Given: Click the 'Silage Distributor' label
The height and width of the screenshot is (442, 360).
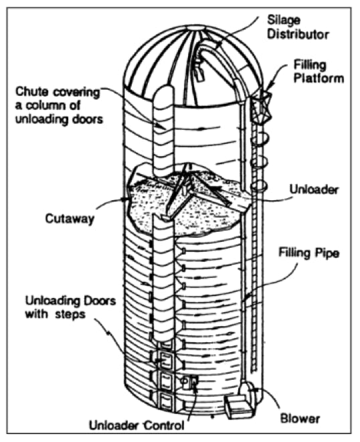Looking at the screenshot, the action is pos(298,27).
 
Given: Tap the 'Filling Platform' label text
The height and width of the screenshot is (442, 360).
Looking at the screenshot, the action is pos(319,72).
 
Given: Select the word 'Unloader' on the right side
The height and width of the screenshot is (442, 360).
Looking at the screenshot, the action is pos(314,190).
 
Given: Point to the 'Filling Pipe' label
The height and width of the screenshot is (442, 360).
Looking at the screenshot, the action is pos(308,253).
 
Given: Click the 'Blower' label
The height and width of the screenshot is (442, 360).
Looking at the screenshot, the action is pos(300,418).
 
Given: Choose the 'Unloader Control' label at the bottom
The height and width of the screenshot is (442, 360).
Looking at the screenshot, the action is pos(137,425).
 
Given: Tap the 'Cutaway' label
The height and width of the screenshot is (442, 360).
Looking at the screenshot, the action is pos(70,219).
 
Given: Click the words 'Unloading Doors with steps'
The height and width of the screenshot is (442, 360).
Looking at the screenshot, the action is pos(70,307).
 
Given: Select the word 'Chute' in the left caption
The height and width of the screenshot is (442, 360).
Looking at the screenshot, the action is pos(32,92).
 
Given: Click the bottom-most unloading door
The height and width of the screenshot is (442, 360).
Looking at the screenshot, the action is pos(165,401).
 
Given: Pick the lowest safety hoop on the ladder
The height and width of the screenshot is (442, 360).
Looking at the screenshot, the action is pos(258,186).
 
